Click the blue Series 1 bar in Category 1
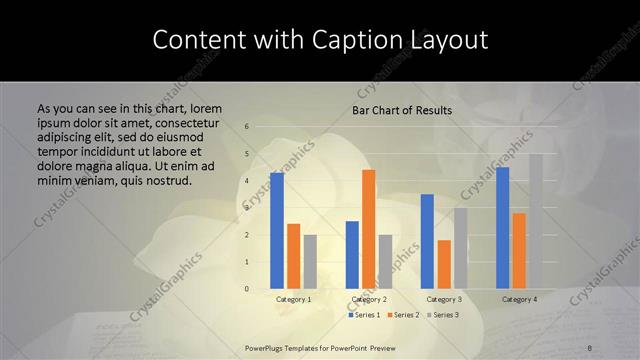coord(277,231)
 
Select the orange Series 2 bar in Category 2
coord(369,229)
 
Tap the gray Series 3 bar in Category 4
coord(536,221)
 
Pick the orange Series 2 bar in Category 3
coord(444,264)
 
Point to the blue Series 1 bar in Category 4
coord(502,228)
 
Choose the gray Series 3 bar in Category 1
coord(310,262)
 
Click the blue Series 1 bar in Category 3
coord(427,241)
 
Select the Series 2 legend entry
coord(403,315)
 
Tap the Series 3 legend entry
coord(441,315)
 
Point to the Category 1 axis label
coord(294,299)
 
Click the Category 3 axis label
coord(444,299)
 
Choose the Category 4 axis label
coord(519,299)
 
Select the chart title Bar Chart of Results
coord(402,110)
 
